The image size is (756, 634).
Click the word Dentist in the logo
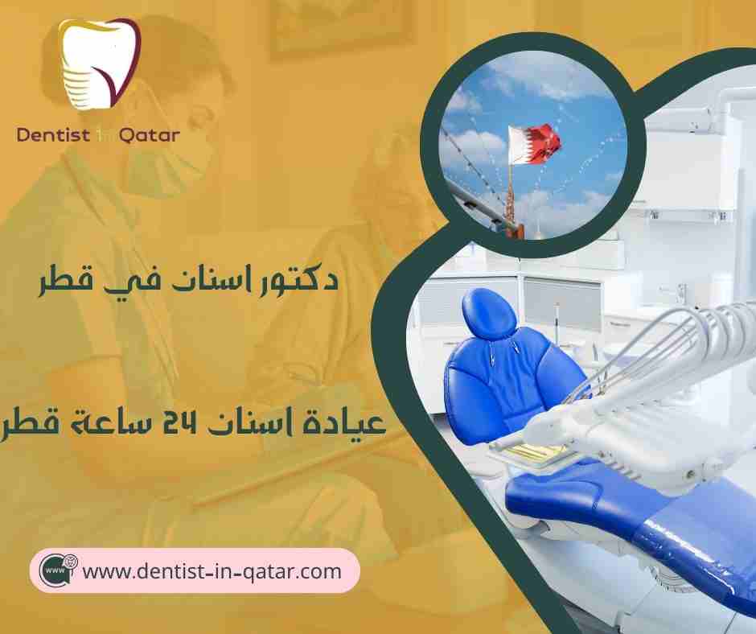pyautogui.click(x=55, y=134)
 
